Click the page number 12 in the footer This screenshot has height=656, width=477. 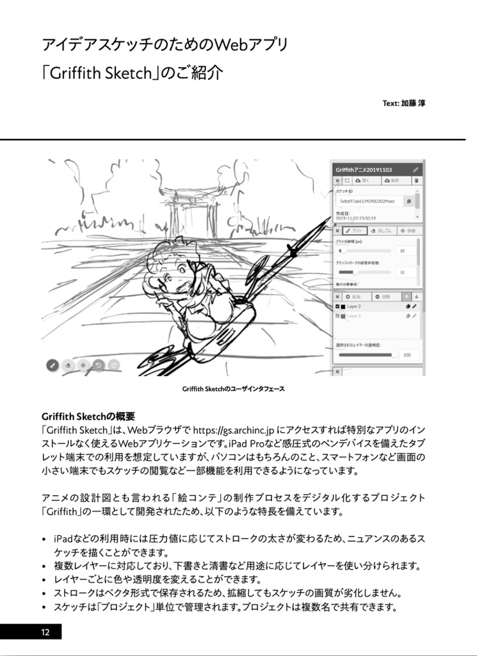point(45,632)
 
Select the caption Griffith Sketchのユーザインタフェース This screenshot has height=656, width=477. point(233,389)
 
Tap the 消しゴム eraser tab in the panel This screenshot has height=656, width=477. point(382,230)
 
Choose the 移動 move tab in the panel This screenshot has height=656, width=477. point(408,230)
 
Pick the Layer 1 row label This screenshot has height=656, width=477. point(354,316)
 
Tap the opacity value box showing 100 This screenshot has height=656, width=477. point(406,354)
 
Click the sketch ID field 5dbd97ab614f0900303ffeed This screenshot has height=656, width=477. point(368,201)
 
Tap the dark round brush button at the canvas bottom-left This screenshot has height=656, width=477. point(53,365)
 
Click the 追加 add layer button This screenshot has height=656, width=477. point(354,297)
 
